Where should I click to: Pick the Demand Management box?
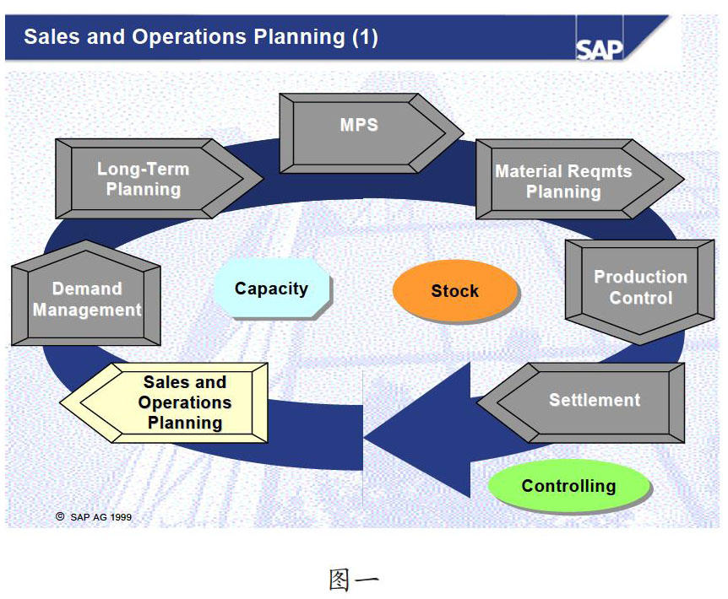(x=86, y=293)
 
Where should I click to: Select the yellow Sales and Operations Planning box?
(x=164, y=402)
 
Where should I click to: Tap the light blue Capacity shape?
(x=272, y=289)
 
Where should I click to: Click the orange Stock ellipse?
(x=455, y=291)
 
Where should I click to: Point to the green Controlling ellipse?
(x=569, y=486)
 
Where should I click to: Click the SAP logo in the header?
(x=600, y=50)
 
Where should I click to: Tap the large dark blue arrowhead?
(x=417, y=430)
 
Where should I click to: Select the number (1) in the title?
(x=365, y=37)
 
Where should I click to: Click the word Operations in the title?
(x=189, y=36)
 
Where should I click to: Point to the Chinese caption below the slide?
(x=354, y=580)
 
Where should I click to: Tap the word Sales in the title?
(x=52, y=36)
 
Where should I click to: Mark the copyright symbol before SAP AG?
(x=60, y=516)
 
